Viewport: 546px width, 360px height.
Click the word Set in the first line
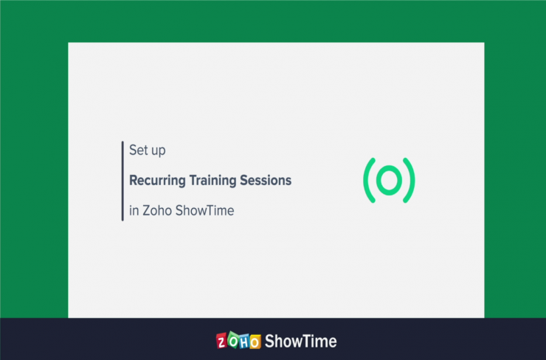(139, 150)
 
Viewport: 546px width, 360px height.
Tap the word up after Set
(159, 151)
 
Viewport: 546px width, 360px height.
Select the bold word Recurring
(157, 181)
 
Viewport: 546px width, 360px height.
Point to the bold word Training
(212, 181)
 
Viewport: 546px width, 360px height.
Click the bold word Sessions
(266, 180)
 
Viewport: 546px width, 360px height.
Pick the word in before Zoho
(134, 211)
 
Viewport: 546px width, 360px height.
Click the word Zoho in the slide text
(157, 211)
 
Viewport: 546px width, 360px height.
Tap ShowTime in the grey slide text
(205, 211)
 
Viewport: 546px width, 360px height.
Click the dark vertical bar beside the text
(122, 181)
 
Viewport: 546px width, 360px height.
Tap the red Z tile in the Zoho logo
(221, 341)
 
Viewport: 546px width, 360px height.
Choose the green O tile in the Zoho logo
(233, 340)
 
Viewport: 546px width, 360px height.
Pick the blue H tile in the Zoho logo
(244, 342)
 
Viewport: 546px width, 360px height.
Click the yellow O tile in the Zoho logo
(255, 342)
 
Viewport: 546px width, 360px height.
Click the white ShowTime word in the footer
(301, 341)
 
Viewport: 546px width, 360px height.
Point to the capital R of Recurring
(134, 180)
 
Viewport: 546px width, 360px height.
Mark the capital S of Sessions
(244, 180)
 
